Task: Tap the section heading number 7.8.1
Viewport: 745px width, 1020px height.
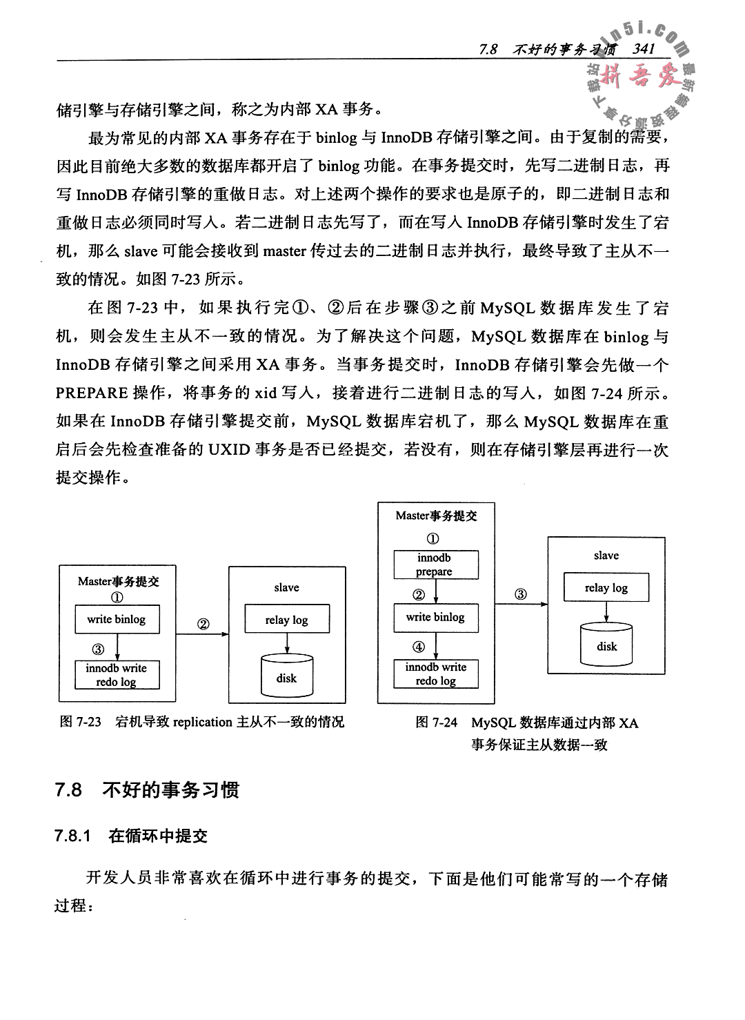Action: click(x=73, y=836)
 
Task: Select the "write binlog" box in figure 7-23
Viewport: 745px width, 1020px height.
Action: click(x=117, y=620)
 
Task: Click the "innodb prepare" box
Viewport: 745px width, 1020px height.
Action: click(x=434, y=565)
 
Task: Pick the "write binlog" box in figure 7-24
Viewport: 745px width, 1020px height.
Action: click(x=435, y=618)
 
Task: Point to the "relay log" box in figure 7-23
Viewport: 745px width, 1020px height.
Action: click(x=286, y=620)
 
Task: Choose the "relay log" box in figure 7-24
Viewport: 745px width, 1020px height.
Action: click(x=606, y=588)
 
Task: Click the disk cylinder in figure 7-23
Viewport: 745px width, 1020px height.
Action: click(x=286, y=677)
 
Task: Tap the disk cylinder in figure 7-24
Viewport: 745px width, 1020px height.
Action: click(x=607, y=645)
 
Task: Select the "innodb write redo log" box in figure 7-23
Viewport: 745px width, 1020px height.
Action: click(x=117, y=675)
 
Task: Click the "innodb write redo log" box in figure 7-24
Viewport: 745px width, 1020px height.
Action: click(x=435, y=674)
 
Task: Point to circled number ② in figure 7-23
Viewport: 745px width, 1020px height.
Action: click(x=203, y=624)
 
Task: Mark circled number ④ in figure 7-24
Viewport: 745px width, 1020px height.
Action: click(x=419, y=647)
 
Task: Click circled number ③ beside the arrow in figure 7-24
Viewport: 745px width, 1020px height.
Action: click(x=521, y=594)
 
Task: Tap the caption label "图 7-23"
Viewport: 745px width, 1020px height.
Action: click(x=81, y=723)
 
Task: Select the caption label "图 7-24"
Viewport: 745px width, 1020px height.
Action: click(x=437, y=723)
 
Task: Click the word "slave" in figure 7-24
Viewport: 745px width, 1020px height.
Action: click(x=606, y=556)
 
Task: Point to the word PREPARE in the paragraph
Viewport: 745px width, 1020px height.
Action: click(x=92, y=393)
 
